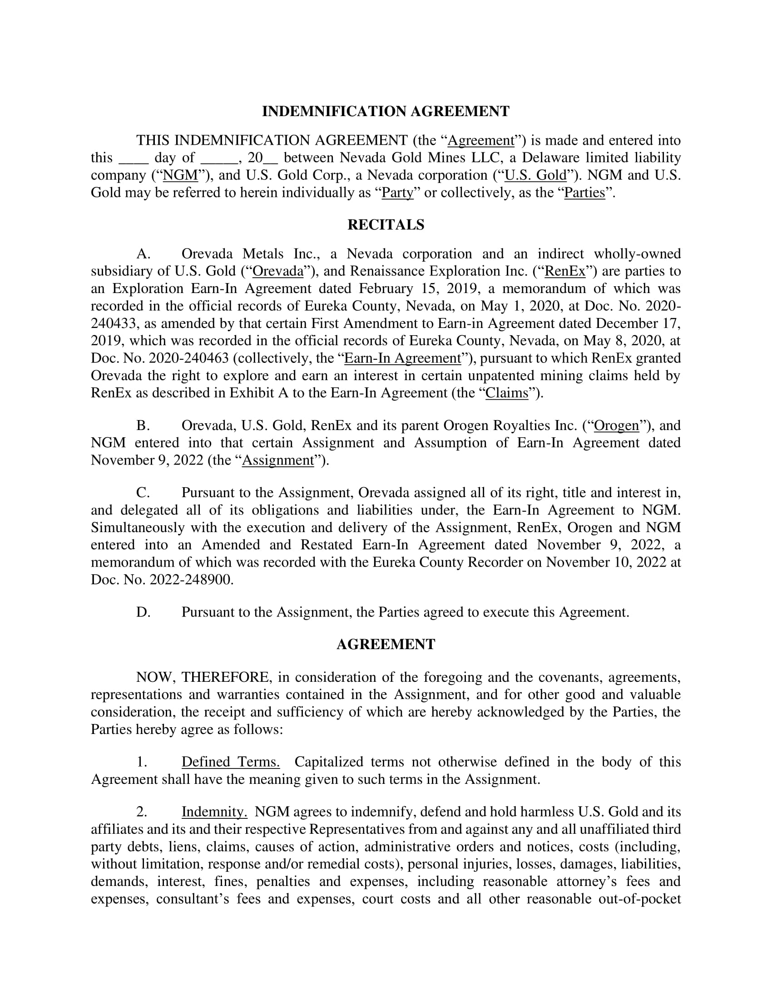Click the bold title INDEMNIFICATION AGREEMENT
[x=386, y=112]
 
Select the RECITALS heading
[x=386, y=225]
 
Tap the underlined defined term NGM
[x=180, y=176]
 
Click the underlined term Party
[x=397, y=193]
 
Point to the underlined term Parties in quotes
[x=584, y=193]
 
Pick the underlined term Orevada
[x=277, y=271]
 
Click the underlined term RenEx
[x=565, y=271]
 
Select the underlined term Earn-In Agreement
[x=402, y=358]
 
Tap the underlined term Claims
[x=506, y=393]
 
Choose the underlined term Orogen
[x=616, y=426]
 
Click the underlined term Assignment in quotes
[x=277, y=460]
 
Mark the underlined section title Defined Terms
[x=231, y=762]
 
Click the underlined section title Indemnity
[x=214, y=812]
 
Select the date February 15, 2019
[x=411, y=289]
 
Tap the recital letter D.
[x=143, y=612]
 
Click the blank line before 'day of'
[x=134, y=158]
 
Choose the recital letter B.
[x=143, y=426]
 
